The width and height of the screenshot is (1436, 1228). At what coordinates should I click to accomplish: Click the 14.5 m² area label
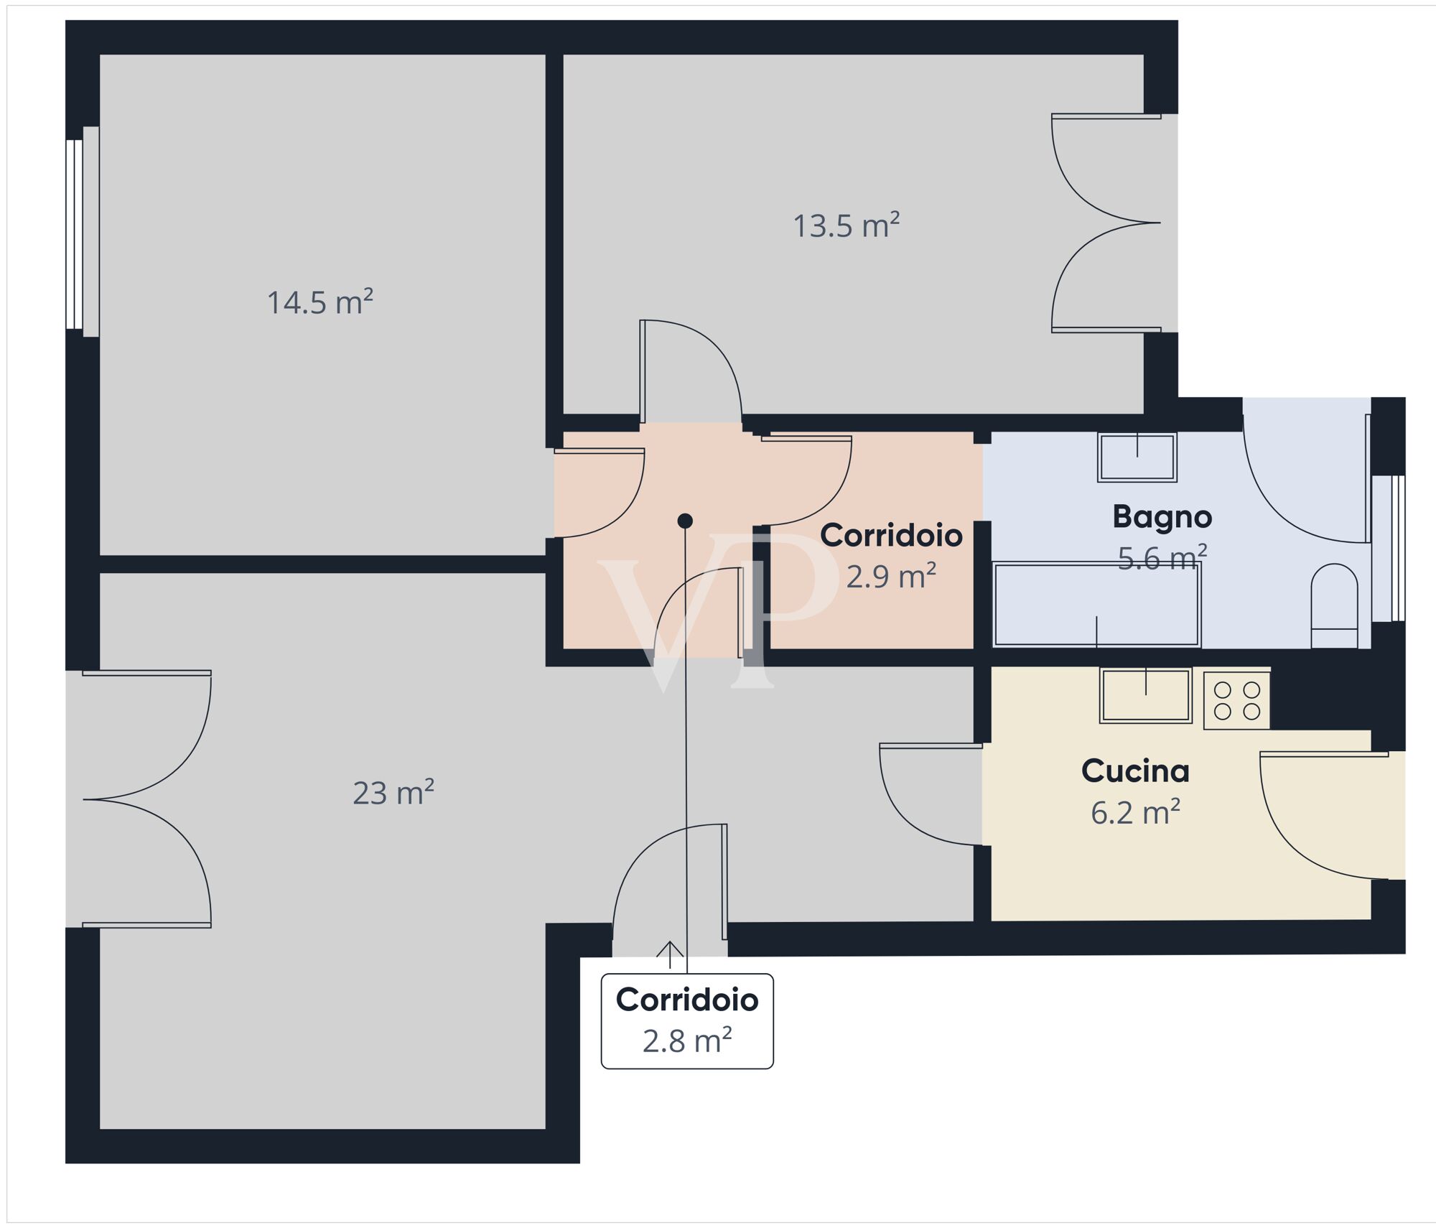pos(320,302)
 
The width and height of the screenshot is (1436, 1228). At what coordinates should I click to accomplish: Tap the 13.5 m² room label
pos(847,225)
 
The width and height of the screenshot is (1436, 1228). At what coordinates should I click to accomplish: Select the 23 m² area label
pos(393,792)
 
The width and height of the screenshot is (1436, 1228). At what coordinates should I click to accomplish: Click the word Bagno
pos(1162,516)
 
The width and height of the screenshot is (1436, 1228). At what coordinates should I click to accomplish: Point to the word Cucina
pos(1135,771)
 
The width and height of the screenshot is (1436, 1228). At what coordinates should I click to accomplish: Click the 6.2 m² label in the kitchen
pos(1135,812)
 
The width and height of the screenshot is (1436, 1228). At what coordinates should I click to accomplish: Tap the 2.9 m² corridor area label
pos(891,576)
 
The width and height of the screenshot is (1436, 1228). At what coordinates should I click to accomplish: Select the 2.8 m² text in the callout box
pos(687,1041)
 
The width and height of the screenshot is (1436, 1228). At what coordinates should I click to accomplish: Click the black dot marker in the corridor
pos(685,521)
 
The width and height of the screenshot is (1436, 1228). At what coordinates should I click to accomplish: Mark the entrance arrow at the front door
pos(670,954)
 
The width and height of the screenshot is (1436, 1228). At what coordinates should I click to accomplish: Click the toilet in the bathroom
pos(1334,605)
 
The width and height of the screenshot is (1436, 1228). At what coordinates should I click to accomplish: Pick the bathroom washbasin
pos(1137,457)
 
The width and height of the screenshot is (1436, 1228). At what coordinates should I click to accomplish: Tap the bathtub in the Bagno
pos(1096,604)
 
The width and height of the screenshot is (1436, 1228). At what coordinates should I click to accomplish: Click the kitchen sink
pos(1146,695)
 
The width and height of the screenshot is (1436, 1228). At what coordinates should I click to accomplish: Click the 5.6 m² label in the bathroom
pos(1162,557)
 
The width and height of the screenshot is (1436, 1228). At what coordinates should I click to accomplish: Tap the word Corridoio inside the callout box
pos(687,999)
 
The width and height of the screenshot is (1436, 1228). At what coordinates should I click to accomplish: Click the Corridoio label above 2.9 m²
pos(891,535)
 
